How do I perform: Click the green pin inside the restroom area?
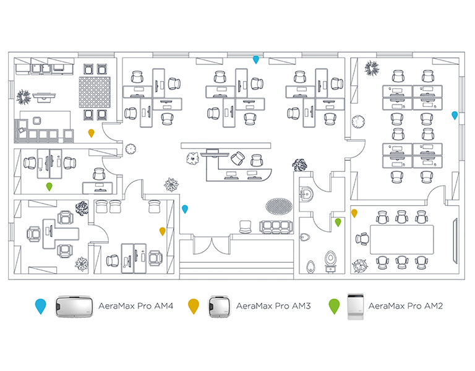pyautogui.click(x=338, y=221)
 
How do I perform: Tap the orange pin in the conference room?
pyautogui.click(x=354, y=213)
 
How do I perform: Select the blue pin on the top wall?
pyautogui.click(x=256, y=59)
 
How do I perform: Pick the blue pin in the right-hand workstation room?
pyautogui.click(x=455, y=115)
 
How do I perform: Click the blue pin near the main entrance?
pyautogui.click(x=184, y=208)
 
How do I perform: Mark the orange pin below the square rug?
pyautogui.click(x=92, y=132)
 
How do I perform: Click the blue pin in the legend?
pyautogui.click(x=40, y=305)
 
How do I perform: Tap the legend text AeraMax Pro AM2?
pyautogui.click(x=404, y=305)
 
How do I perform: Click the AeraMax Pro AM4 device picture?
pyautogui.click(x=74, y=306)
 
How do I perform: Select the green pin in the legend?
pyautogui.click(x=334, y=305)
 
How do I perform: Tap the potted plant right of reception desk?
pyautogui.click(x=300, y=165)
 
